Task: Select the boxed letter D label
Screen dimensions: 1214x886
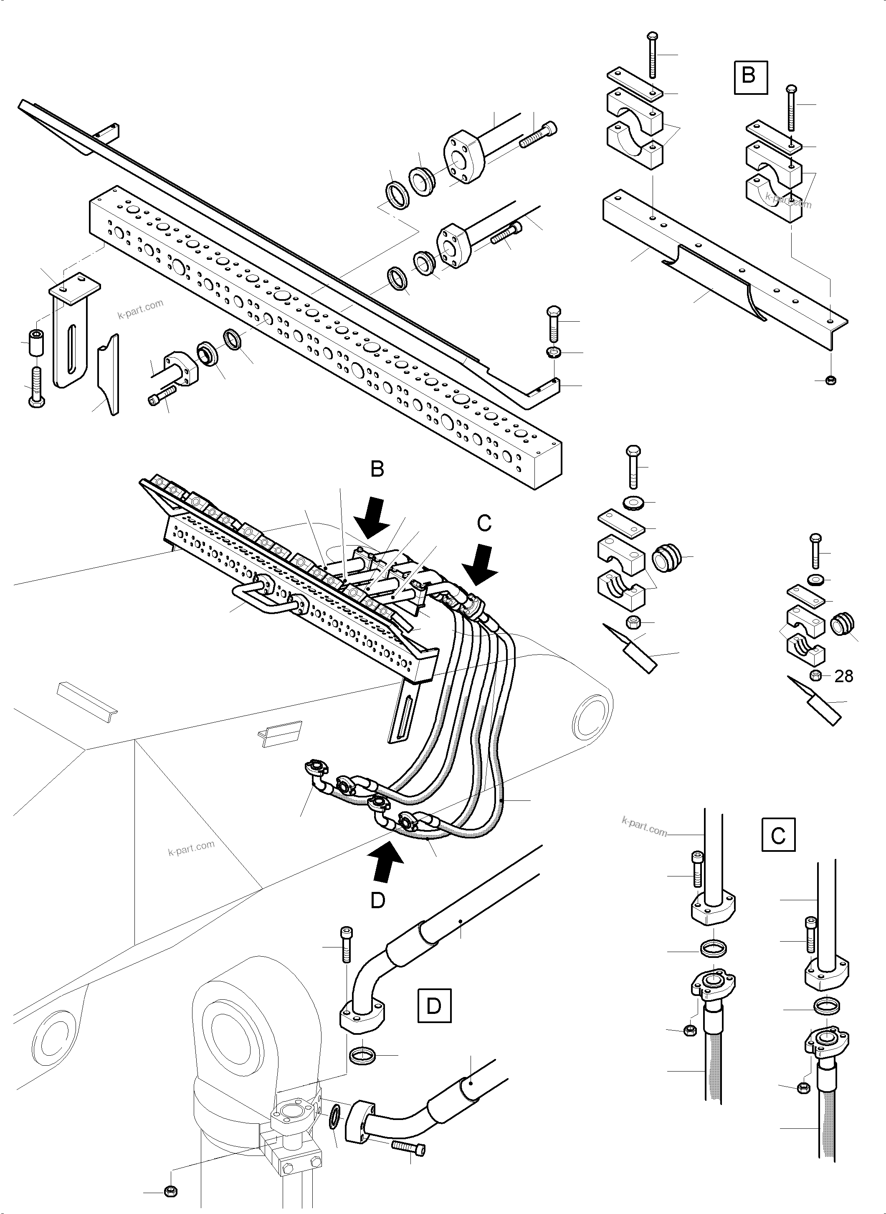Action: pyautogui.click(x=433, y=1006)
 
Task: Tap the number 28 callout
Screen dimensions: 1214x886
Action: pyautogui.click(x=844, y=676)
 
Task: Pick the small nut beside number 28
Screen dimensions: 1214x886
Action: pyautogui.click(x=815, y=676)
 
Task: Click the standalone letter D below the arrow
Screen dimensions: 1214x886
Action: pyautogui.click(x=378, y=901)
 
